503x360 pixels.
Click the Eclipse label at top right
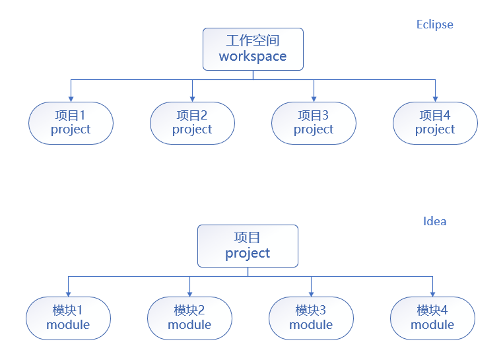coord(434,24)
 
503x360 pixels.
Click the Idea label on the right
coord(434,221)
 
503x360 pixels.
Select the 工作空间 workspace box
coord(253,49)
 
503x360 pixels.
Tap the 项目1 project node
coord(71,123)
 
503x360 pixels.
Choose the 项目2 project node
coord(192,123)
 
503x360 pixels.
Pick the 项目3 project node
coord(314,123)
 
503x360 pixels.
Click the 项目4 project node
coord(435,123)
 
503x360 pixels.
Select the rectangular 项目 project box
coord(248,246)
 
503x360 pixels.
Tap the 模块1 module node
coord(68,318)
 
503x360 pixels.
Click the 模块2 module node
coord(189,318)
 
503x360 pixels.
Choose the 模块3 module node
coord(311,318)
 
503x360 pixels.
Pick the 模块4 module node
coord(432,318)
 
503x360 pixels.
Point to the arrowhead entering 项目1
coord(71,98)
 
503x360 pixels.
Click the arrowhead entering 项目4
coord(435,98)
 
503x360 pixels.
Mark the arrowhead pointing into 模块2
coord(189,293)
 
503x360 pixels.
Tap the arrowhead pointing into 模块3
coord(311,293)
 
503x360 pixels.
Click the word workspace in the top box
coord(253,57)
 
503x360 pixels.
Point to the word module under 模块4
coord(432,325)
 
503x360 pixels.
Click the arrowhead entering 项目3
coord(314,98)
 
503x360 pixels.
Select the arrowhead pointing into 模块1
coord(68,293)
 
